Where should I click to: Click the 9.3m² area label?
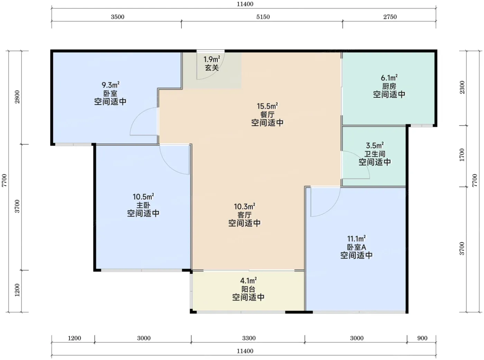pyautogui.click(x=110, y=85)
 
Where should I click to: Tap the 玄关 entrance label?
pyautogui.click(x=212, y=68)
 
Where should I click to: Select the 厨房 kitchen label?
pyautogui.click(x=389, y=86)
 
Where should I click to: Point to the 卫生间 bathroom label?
pyautogui.click(x=375, y=154)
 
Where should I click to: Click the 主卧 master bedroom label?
pyautogui.click(x=143, y=205)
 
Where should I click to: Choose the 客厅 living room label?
pyautogui.click(x=244, y=215)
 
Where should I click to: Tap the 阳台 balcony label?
pyautogui.click(x=248, y=289)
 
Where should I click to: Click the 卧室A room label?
pyautogui.click(x=356, y=247)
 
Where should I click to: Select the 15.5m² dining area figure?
pyautogui.click(x=267, y=106)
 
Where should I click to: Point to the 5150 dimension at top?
pyautogui.click(x=263, y=17)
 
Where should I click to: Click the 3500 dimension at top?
pyautogui.click(x=118, y=17)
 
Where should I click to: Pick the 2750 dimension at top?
pyautogui.click(x=390, y=17)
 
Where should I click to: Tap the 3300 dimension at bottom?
pyautogui.click(x=249, y=338)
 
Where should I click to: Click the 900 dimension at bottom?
pyautogui.click(x=422, y=338)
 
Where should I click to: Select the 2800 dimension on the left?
pyautogui.click(x=17, y=97)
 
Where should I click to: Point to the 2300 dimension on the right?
pyautogui.click(x=462, y=87)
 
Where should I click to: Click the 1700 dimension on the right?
pyautogui.click(x=462, y=155)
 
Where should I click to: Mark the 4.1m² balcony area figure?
pyautogui.click(x=248, y=281)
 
